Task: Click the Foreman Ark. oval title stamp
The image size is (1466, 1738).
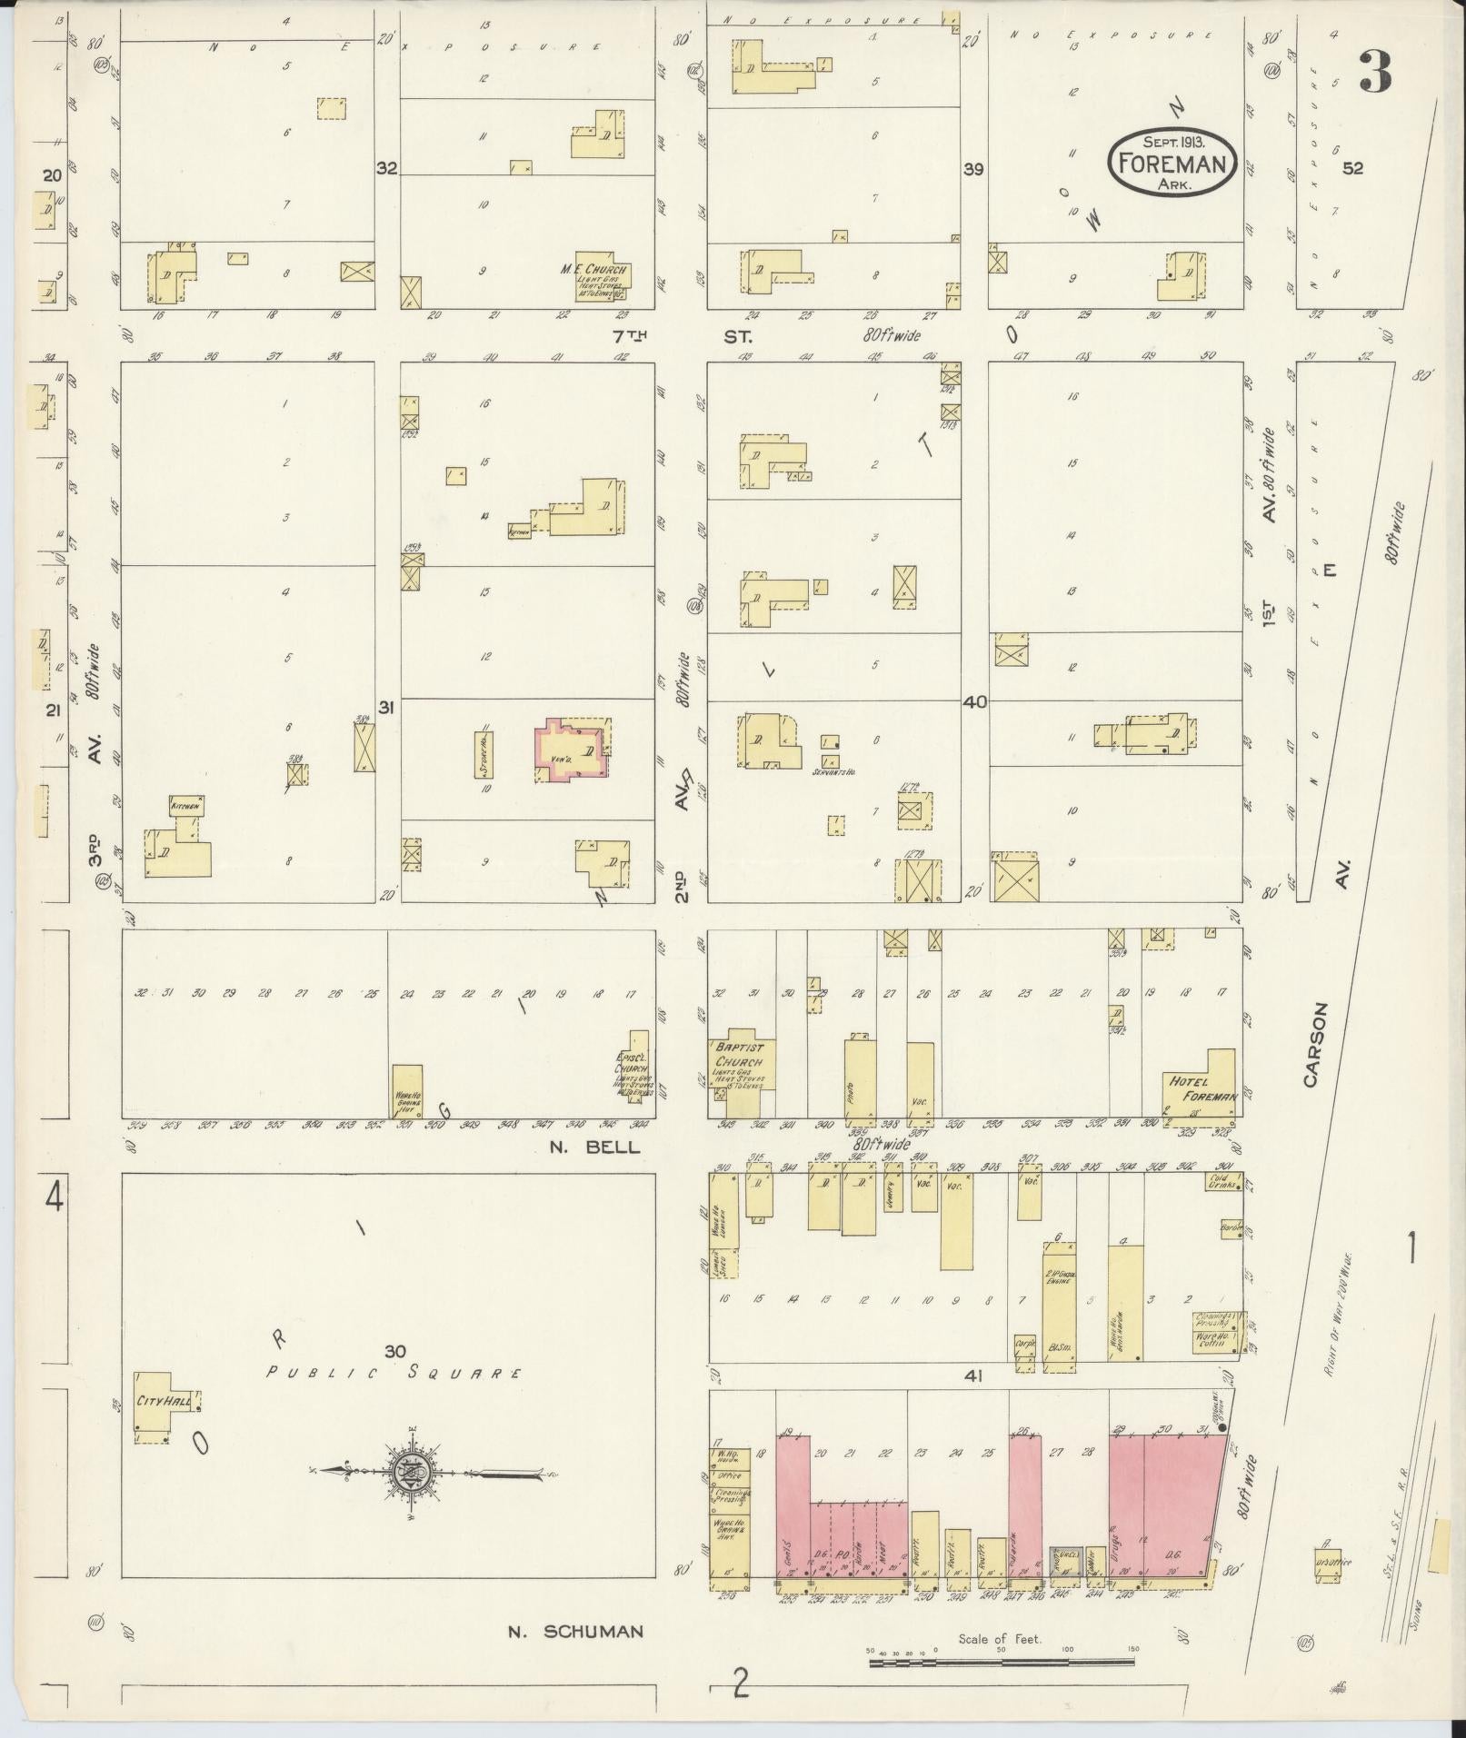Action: (x=1172, y=161)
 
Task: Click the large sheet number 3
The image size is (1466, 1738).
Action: (x=1375, y=74)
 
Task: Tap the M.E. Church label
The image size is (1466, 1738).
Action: (x=595, y=271)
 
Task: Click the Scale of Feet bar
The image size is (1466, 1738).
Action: (x=1001, y=1662)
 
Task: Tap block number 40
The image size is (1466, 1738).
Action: (x=975, y=702)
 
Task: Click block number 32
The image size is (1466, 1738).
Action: (x=387, y=168)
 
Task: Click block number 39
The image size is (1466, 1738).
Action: (x=973, y=168)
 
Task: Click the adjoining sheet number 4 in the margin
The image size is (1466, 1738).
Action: (x=55, y=1200)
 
